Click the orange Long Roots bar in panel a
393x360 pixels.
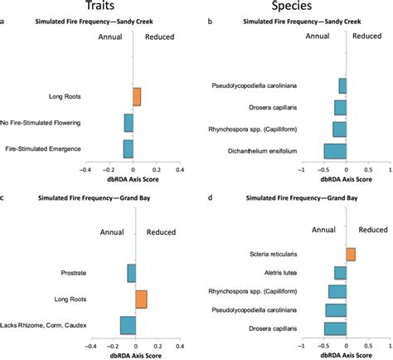pos(137,96)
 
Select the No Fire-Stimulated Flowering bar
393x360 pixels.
pos(129,123)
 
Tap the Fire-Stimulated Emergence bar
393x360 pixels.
pos(128,148)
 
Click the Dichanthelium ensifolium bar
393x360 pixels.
pos(335,151)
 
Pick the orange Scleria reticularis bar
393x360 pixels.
pos(351,254)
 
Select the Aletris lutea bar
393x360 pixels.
pos(340,272)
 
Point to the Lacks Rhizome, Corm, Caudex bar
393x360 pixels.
pos(128,325)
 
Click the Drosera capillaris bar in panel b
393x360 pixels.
pos(340,107)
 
